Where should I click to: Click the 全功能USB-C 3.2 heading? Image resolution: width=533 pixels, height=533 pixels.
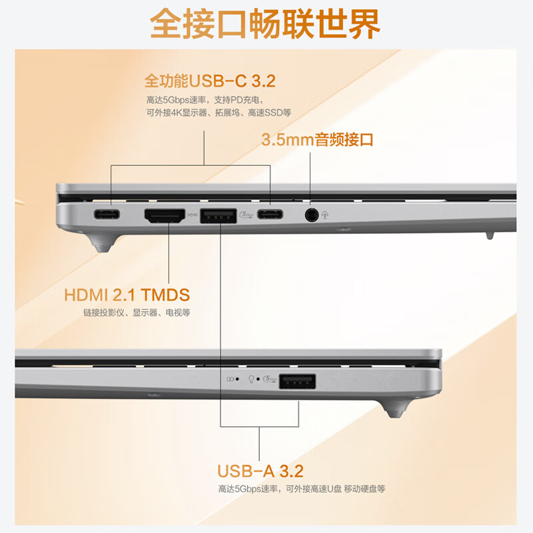pos(210,81)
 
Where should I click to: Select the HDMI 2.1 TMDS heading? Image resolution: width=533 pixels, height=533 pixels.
pos(127,294)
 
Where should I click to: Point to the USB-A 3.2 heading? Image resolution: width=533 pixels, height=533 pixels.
pos(260,472)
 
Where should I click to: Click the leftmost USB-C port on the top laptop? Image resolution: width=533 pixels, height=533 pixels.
pos(106,215)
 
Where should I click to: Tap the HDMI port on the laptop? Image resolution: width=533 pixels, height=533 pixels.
pos(164,215)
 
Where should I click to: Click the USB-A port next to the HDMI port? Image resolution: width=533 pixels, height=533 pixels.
pos(219,215)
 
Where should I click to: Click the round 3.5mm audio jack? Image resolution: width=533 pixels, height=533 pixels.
pos(310,215)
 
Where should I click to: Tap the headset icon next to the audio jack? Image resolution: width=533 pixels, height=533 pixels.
pos(324,215)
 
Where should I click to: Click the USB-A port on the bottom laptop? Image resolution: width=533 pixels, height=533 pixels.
pos(298,382)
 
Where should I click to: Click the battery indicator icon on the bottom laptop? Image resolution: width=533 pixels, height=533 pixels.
pos(231,380)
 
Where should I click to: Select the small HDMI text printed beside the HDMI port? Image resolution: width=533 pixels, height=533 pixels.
pos(193,215)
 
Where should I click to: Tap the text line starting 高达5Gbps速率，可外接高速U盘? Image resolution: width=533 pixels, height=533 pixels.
pos(301,489)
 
